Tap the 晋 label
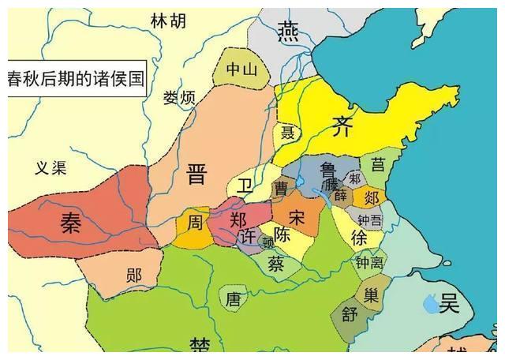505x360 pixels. click(196, 174)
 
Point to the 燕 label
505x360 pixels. click(286, 31)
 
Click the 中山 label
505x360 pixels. click(241, 69)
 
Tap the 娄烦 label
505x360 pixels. click(178, 98)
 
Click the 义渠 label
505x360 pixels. click(51, 167)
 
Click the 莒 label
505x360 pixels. click(379, 164)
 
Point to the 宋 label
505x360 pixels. click(297, 216)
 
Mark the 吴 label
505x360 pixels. click(449, 302)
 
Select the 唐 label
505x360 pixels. click(233, 299)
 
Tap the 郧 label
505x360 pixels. click(134, 276)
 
